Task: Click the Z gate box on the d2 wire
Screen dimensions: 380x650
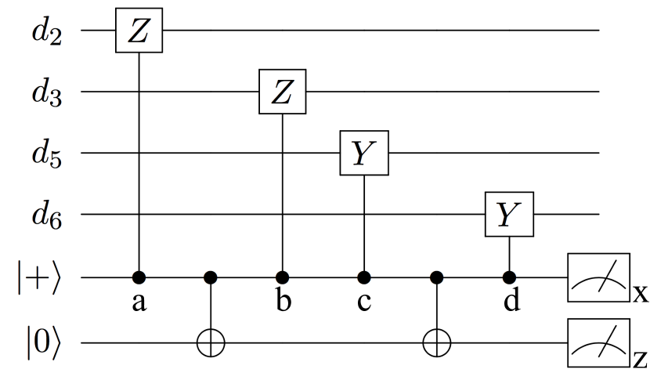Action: [x=139, y=31]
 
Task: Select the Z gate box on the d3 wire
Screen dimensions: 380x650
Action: [x=283, y=92]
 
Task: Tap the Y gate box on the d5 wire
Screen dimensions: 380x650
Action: [x=363, y=153]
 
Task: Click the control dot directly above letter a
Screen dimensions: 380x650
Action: [x=139, y=277]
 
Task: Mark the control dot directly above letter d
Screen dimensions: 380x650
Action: [x=511, y=277]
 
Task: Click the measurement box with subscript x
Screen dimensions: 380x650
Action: [x=598, y=277]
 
